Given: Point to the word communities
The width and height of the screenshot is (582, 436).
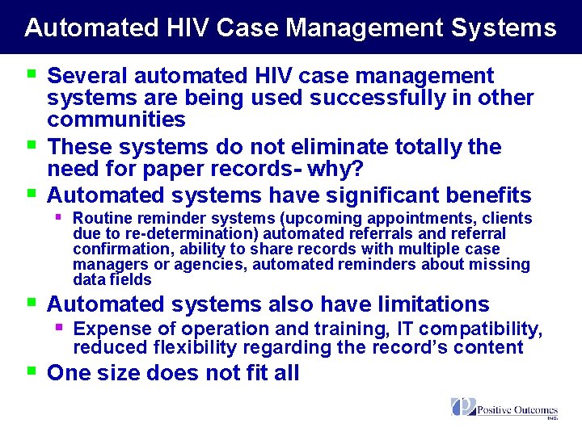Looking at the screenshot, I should [x=116, y=120].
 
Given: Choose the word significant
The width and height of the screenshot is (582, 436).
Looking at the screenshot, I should [x=361, y=195].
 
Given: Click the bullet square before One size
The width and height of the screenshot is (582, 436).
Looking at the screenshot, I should [x=32, y=371].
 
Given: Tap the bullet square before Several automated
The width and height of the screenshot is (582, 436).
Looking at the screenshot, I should [x=32, y=74].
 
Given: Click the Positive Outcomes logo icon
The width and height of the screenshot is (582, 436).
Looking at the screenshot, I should [x=463, y=407].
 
